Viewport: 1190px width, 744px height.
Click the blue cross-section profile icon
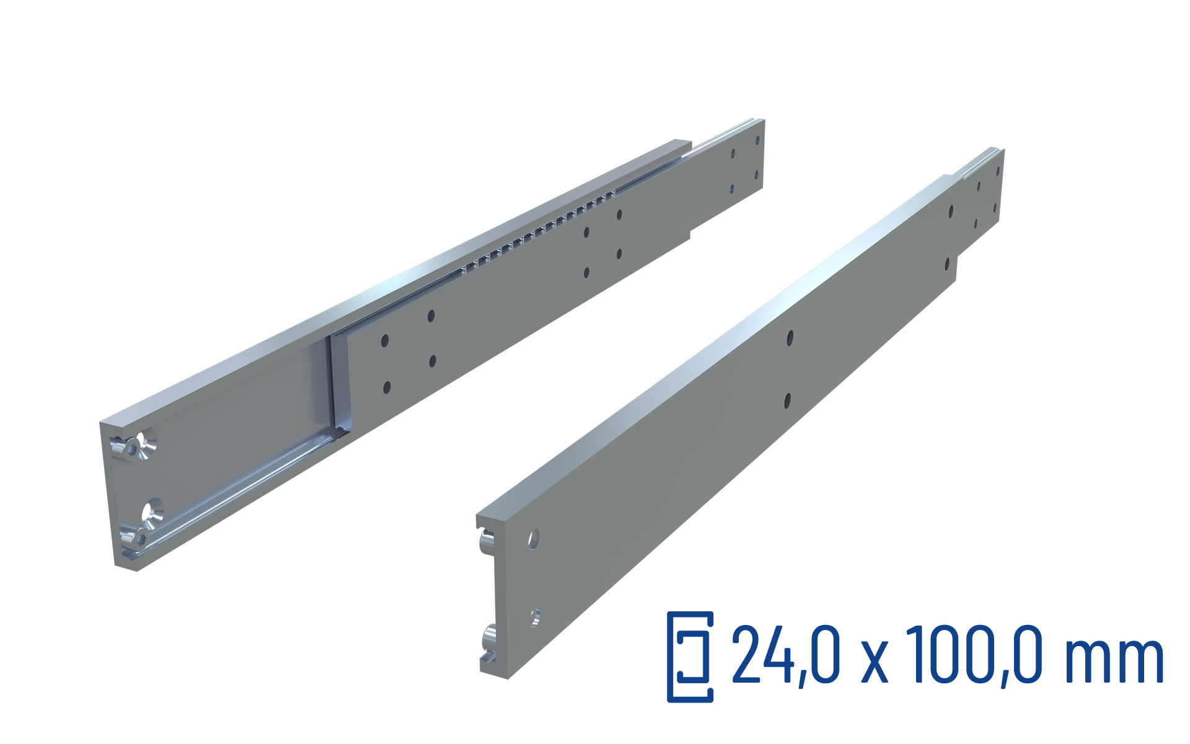[690, 657]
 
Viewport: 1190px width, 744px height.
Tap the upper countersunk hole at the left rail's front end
[149, 441]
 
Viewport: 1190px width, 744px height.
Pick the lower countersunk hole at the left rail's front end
[152, 511]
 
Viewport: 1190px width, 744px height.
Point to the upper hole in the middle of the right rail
[790, 338]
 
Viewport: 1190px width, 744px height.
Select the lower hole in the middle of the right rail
[787, 401]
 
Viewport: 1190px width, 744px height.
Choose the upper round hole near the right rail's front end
[534, 538]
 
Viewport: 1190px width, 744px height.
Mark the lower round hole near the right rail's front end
[535, 616]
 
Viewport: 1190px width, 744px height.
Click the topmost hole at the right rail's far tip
[998, 171]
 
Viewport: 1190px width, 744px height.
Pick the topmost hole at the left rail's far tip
[757, 141]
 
